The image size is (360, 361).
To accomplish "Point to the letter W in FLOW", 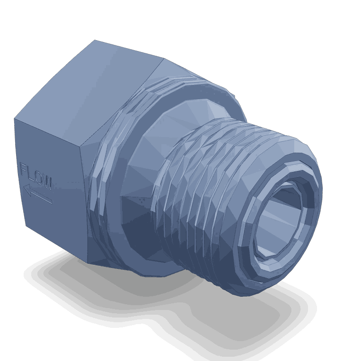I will pos(47,182).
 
